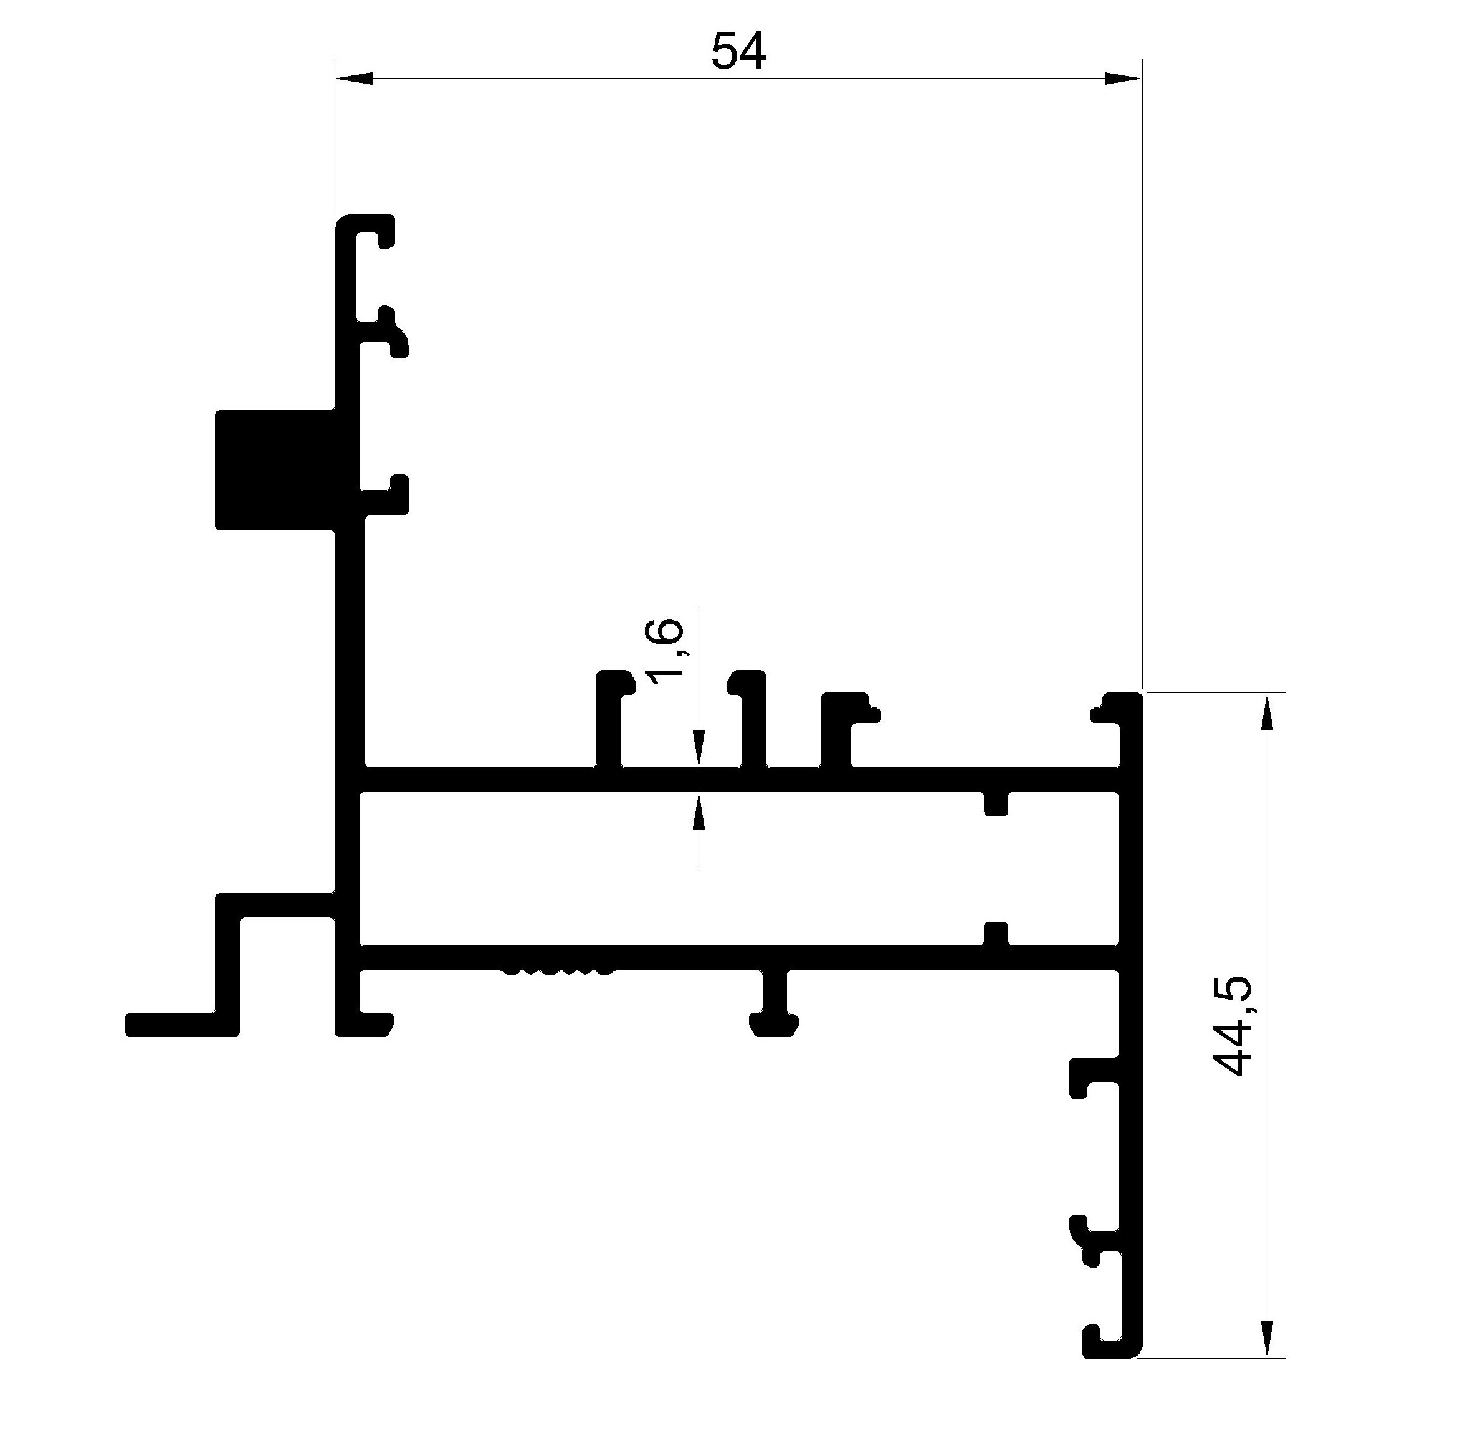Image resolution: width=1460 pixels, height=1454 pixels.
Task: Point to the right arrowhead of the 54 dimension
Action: pos(1123,79)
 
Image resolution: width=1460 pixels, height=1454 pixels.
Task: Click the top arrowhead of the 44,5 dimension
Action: pos(1267,711)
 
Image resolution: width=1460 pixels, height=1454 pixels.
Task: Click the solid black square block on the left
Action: pos(275,470)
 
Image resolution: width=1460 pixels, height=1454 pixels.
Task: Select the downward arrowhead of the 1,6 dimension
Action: pos(699,750)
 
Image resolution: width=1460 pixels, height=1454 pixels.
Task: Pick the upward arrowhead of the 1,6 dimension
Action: pos(699,810)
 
